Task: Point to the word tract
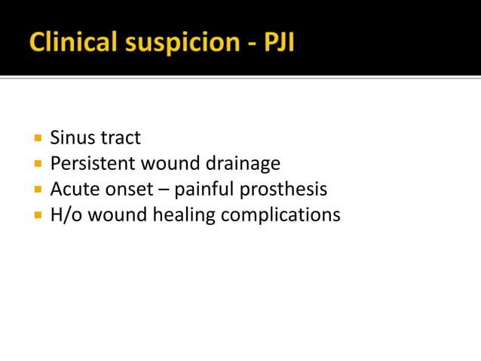click(120, 138)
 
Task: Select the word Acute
click(72, 189)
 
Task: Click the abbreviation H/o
click(65, 214)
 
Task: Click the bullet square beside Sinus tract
click(38, 139)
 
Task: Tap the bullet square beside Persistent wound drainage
click(38, 164)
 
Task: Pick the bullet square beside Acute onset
click(38, 190)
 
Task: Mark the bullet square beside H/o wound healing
click(38, 215)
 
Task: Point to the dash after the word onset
click(163, 190)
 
